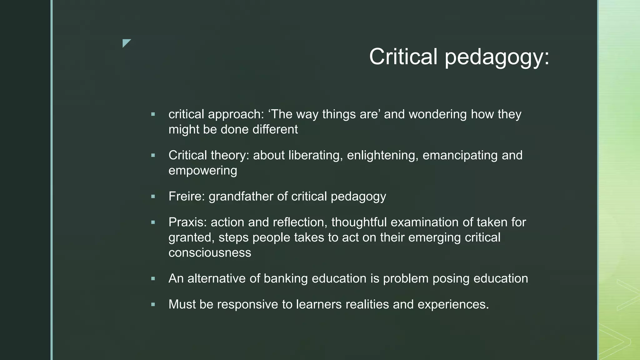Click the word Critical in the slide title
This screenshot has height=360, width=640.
coord(403,57)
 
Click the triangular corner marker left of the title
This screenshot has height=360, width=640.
coord(126,43)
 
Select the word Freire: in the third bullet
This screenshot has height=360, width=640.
coord(187,197)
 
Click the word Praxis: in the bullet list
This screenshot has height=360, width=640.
coord(187,222)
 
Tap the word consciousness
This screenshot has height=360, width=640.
coord(210,253)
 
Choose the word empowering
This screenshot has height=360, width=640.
coord(203,171)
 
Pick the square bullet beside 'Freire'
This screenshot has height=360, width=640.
coord(153,197)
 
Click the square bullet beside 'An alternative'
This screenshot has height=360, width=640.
coord(153,279)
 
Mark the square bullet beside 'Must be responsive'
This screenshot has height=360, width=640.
coord(153,304)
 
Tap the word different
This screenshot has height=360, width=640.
coord(275,130)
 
